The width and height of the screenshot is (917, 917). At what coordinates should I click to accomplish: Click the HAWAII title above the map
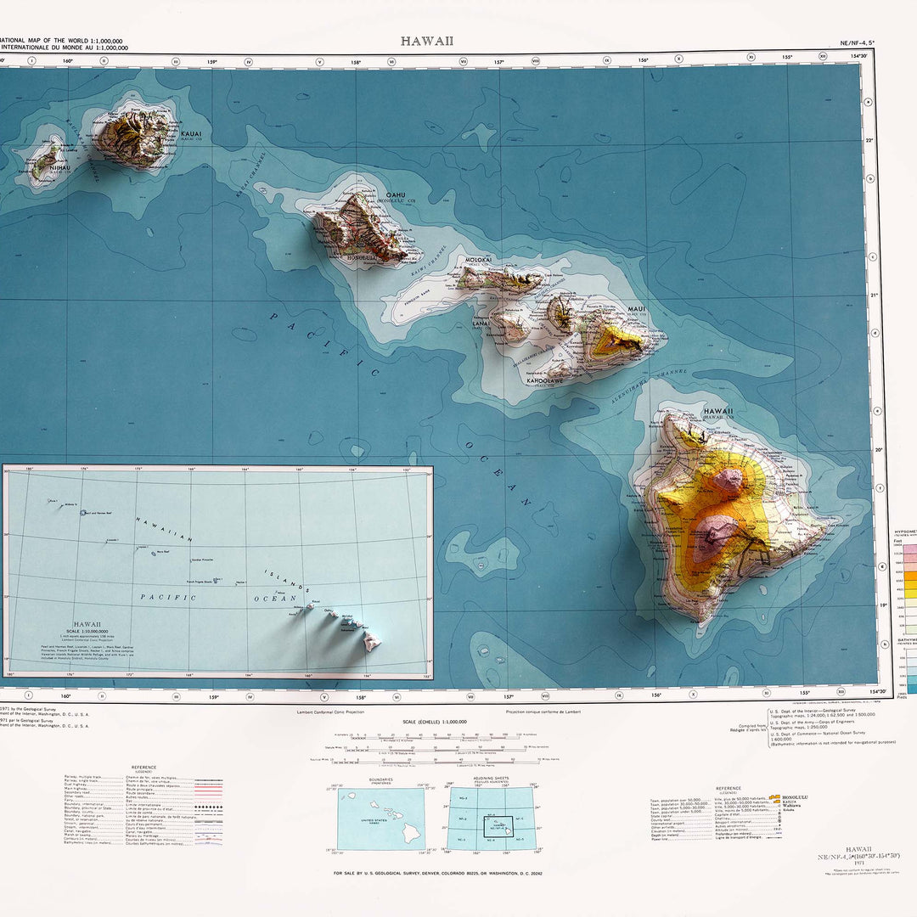427,41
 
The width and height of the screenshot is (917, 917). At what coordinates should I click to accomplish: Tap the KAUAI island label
191,133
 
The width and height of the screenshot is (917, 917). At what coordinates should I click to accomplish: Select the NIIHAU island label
60,168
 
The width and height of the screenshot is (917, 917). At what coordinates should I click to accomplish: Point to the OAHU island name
396,195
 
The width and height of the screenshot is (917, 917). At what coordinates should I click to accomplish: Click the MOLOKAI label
479,260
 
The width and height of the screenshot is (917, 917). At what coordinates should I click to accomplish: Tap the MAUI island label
637,309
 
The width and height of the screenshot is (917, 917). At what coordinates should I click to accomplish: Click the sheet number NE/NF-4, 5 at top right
856,42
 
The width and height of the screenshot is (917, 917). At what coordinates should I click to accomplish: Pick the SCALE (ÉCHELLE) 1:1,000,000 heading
429,722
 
